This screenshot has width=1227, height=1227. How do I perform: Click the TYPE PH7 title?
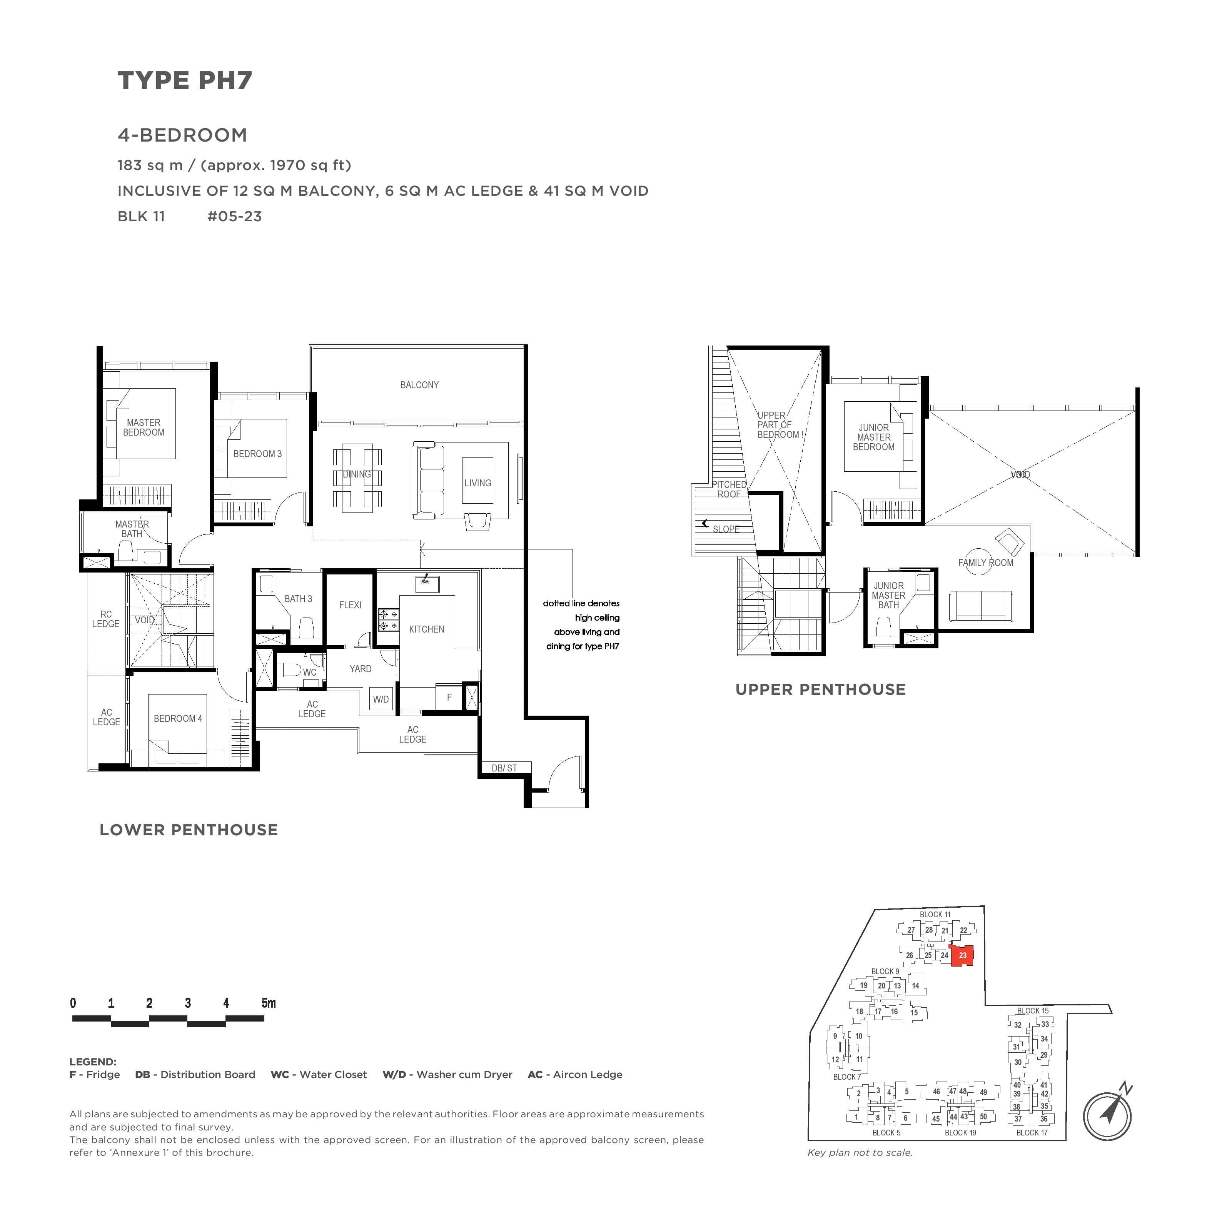point(185,81)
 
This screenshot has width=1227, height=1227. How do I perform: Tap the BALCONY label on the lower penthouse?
point(419,385)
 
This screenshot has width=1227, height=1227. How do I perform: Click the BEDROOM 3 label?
point(257,454)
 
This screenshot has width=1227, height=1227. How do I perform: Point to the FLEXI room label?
point(350,604)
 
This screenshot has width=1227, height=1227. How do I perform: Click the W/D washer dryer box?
point(381,699)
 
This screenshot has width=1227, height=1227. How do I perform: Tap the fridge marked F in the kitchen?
point(449,697)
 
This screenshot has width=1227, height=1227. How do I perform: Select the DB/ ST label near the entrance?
point(504,768)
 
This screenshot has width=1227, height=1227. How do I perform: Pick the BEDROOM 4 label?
point(178,718)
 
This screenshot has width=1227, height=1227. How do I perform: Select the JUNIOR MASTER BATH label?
point(888,595)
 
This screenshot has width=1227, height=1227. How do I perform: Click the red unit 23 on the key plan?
point(963,955)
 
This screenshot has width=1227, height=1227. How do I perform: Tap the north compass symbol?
point(1108,1115)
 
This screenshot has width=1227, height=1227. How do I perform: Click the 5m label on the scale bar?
point(269,1003)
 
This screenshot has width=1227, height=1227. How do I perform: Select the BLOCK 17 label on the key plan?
point(1032,1150)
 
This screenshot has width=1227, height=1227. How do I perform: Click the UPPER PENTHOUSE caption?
point(821,690)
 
